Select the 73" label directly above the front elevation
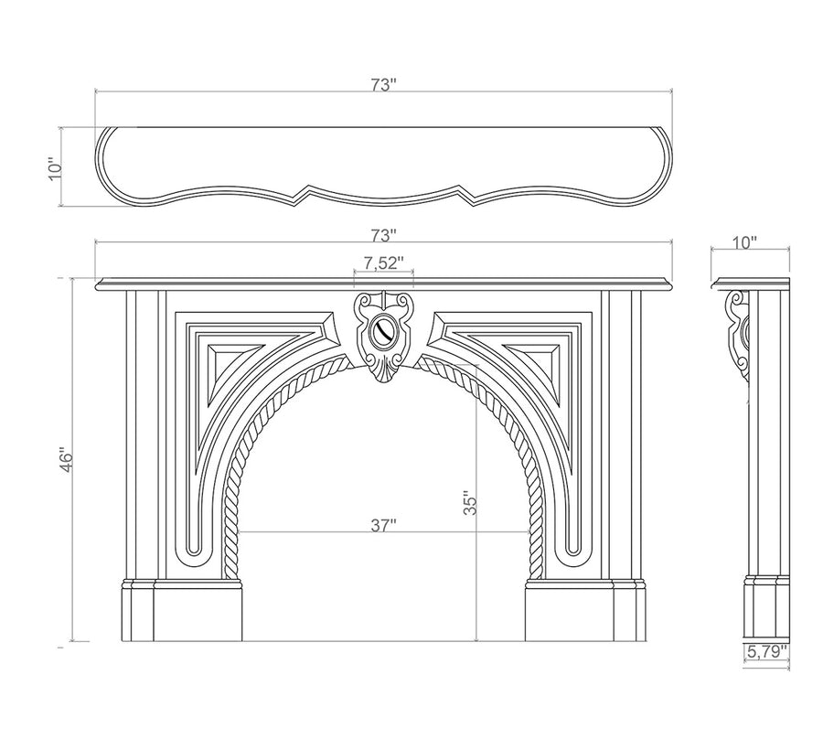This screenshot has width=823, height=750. point(384,234)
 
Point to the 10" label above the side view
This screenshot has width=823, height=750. point(745,242)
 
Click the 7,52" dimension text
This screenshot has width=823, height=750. point(384,263)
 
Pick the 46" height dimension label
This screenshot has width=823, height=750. point(62,459)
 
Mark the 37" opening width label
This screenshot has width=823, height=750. point(384,525)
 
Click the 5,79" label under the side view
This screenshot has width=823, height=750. point(766,651)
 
